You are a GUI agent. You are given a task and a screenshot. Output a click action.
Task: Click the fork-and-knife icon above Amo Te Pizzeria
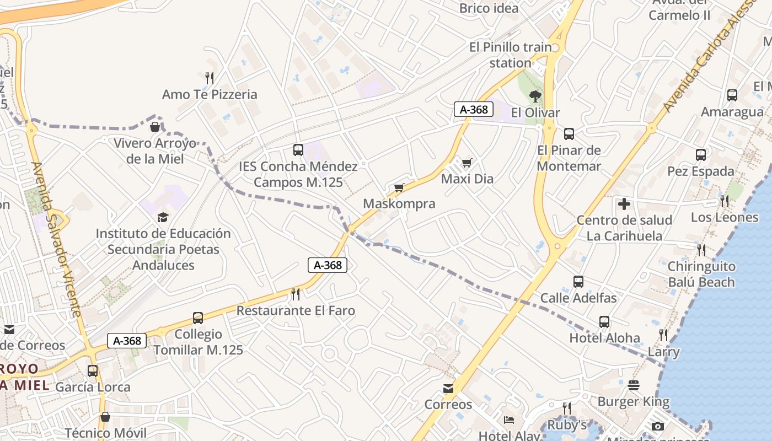pos(209,78)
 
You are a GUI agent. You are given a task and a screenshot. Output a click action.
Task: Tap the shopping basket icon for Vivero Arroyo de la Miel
pos(155,127)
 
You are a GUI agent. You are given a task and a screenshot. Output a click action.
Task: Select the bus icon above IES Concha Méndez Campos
pos(298,149)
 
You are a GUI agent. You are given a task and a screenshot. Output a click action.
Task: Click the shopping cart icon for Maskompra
pos(399,187)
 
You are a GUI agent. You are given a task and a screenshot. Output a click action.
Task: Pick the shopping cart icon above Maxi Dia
pos(467,163)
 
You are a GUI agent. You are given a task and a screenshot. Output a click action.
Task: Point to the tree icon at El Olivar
pos(535,96)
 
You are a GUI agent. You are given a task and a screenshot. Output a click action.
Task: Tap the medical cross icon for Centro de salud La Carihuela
pos(624,205)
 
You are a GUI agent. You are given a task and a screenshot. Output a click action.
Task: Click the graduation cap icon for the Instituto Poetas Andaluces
pos(163,217)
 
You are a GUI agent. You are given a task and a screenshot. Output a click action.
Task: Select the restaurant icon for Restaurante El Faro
pos(296,294)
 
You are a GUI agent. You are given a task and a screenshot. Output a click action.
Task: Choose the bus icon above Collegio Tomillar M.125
pos(198,318)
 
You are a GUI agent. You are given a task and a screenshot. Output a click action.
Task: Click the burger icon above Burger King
pos(634,385)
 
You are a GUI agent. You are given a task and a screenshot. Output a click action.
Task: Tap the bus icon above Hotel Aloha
pos(604,322)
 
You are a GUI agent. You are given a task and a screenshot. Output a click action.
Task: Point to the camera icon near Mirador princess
pos(657,426)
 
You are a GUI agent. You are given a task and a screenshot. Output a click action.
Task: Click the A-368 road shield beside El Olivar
pos(474,109)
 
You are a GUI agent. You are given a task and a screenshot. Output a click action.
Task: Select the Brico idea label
pos(489,8)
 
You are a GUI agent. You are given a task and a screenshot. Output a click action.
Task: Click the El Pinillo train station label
pos(510,55)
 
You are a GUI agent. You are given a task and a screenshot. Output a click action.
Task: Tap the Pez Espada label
pos(701,171)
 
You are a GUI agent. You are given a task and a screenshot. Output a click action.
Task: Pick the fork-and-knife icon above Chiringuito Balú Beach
pos(701,250)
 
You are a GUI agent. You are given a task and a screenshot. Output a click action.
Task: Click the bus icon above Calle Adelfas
pos(578,282)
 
